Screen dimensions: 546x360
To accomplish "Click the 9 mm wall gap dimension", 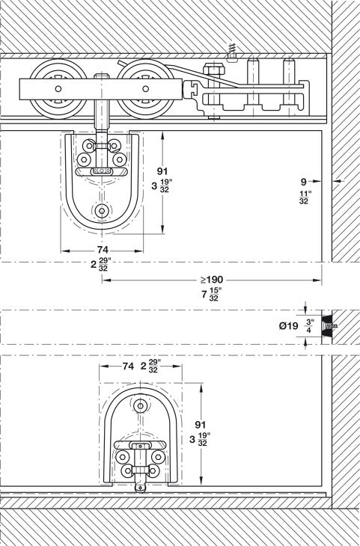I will (303, 180).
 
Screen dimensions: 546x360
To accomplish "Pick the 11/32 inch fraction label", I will (304, 197).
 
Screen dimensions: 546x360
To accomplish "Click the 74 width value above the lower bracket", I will (128, 366).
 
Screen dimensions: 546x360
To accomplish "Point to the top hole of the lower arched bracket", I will (140, 405).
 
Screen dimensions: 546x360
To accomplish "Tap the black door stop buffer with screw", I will (326, 325).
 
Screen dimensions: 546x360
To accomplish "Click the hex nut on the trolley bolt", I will (213, 73).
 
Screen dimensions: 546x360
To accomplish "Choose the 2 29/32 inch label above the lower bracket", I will (150, 366).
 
